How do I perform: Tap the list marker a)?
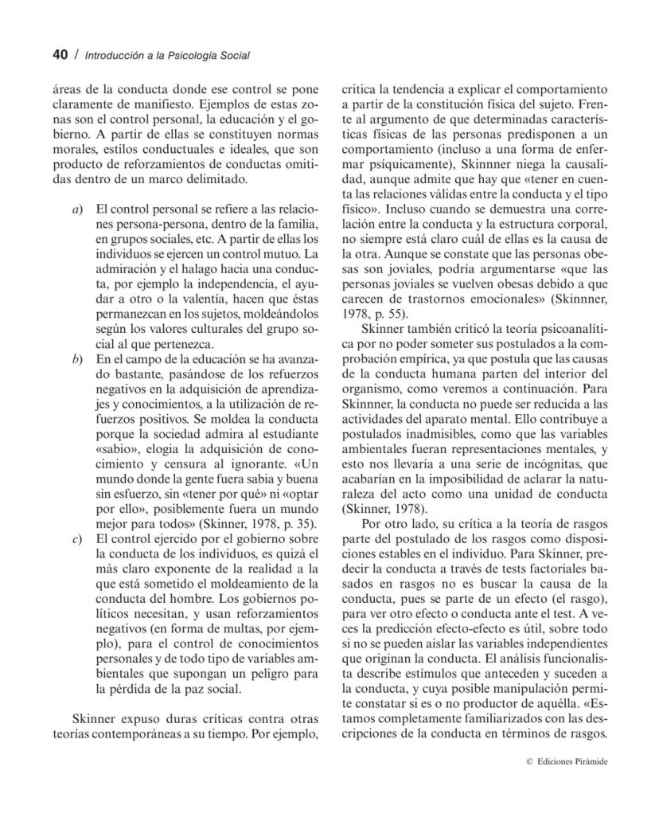pos(77,209)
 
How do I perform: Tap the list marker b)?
pos(77,360)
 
